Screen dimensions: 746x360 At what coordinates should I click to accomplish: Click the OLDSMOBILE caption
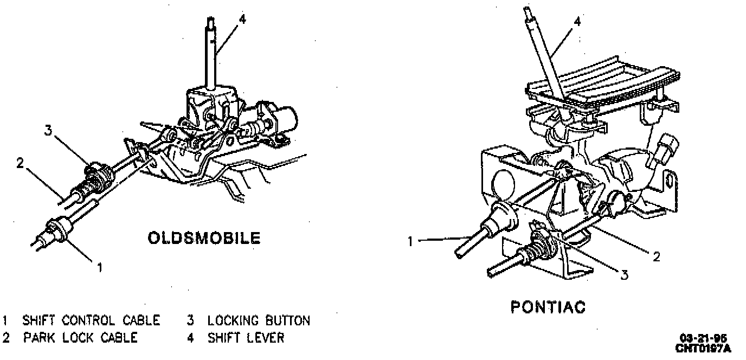tap(204, 238)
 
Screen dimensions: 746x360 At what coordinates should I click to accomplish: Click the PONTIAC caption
tap(548, 307)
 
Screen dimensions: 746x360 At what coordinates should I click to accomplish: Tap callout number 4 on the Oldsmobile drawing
tap(242, 20)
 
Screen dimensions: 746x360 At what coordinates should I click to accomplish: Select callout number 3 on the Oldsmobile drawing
tap(48, 131)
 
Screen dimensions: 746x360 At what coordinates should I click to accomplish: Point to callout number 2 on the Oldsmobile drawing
tap(21, 163)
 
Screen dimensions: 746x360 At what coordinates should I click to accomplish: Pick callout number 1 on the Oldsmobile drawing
tap(99, 266)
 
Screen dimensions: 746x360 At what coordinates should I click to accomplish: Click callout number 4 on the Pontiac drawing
tap(577, 22)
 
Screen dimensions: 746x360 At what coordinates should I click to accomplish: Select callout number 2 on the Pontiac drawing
tap(657, 256)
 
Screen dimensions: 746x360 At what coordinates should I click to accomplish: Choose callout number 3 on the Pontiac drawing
tap(624, 275)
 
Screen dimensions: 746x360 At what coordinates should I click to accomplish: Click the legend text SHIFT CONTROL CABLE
tap(91, 320)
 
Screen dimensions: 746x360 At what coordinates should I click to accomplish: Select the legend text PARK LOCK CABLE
tap(80, 338)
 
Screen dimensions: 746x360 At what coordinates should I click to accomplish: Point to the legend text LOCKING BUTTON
tap(259, 320)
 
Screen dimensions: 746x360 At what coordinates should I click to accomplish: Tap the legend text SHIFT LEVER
tap(246, 338)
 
